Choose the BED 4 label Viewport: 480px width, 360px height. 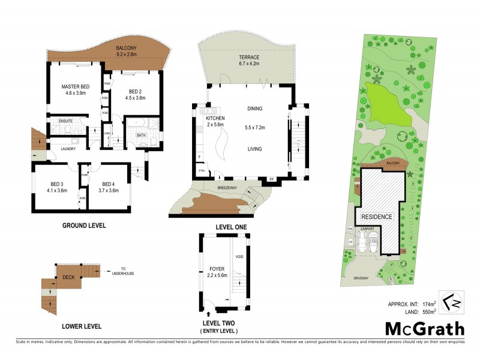108,184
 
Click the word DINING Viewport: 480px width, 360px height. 255,109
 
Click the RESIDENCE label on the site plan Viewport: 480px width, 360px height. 376,217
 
